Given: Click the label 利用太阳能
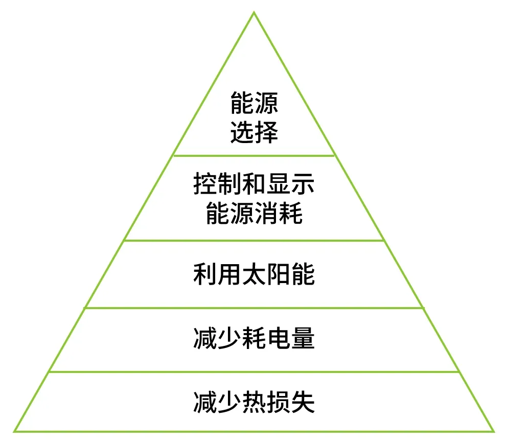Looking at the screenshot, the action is tap(254, 274).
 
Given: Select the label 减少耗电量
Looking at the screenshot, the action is tap(254, 338).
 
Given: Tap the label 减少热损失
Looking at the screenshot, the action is tap(254, 402).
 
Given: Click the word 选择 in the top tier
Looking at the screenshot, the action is tap(254, 132).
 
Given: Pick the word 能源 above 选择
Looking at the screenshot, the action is tap(254, 103).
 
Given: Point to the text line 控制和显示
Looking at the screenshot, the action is tap(254, 183).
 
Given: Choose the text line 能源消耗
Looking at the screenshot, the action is tap(254, 213).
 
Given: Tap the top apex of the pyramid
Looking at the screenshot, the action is tap(254, 12).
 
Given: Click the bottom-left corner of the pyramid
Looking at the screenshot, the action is tap(14, 431).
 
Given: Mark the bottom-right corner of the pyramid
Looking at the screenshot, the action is tap(494, 431).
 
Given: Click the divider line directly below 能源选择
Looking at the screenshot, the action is tap(254, 155).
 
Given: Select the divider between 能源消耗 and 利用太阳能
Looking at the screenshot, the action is tap(254, 241).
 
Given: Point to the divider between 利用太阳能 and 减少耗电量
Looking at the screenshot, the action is tap(254, 308).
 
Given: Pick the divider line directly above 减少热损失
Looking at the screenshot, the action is tap(254, 371).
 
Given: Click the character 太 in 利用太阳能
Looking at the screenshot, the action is tap(254, 274).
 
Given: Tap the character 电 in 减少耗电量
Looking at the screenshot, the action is tap(279, 338).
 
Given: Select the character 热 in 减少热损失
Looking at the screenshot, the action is tap(254, 402).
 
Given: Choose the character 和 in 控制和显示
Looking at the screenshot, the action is tap(254, 183).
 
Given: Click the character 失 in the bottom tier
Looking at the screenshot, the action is tap(303, 402).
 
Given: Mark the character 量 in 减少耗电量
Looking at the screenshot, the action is tap(303, 338).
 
